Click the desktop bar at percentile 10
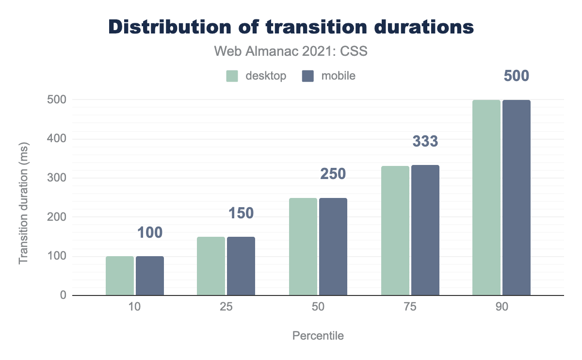[x=120, y=276]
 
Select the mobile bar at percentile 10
[x=150, y=276]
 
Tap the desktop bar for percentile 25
[x=211, y=266]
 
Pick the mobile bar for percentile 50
[x=333, y=246]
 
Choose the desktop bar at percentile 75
[x=395, y=230]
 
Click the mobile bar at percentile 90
[x=517, y=197]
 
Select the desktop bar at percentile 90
[x=486, y=197]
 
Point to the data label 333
[x=425, y=142]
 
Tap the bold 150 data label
[x=241, y=213]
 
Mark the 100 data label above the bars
[x=149, y=233]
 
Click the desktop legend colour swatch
[x=232, y=76]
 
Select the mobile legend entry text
[x=338, y=76]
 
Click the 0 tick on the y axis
[x=63, y=295]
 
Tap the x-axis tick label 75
[x=410, y=309]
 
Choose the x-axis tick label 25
[x=226, y=309]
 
